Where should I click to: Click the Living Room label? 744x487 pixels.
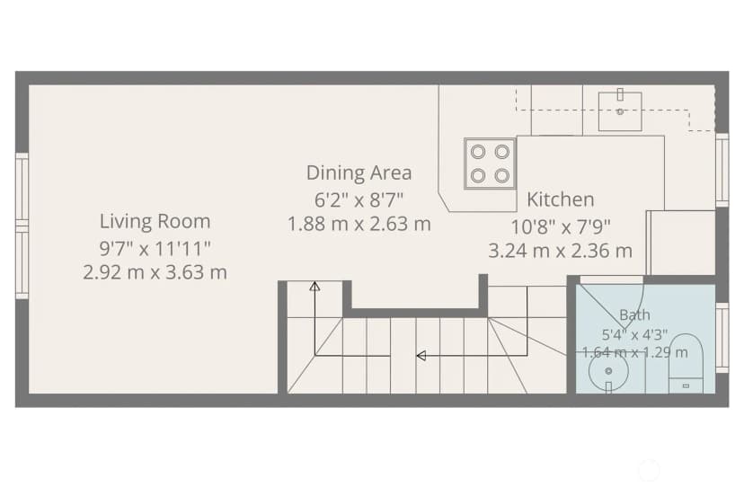(x=155, y=221)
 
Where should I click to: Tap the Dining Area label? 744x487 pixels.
(x=359, y=173)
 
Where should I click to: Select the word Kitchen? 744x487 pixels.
(x=561, y=199)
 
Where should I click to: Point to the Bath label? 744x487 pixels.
(x=635, y=314)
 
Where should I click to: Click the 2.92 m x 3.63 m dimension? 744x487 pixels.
(x=155, y=272)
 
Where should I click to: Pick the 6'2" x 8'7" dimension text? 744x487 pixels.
(x=359, y=199)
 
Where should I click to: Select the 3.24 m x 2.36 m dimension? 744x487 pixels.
(x=561, y=251)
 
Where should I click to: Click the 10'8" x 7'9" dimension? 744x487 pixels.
(x=561, y=227)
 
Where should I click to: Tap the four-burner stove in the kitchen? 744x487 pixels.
(x=490, y=164)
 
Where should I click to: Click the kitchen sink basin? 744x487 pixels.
(x=620, y=111)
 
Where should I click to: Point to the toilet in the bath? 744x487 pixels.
(x=686, y=363)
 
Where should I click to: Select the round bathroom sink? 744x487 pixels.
(x=609, y=371)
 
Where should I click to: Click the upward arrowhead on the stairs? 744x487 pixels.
(x=314, y=287)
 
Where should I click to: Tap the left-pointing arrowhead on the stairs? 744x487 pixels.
(x=421, y=356)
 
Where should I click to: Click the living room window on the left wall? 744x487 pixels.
(x=22, y=226)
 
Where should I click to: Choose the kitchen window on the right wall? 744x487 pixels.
(x=722, y=170)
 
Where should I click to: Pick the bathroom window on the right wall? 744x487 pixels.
(x=722, y=338)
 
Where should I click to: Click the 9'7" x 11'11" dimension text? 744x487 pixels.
(x=155, y=248)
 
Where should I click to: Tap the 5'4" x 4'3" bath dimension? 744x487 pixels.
(x=635, y=334)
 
